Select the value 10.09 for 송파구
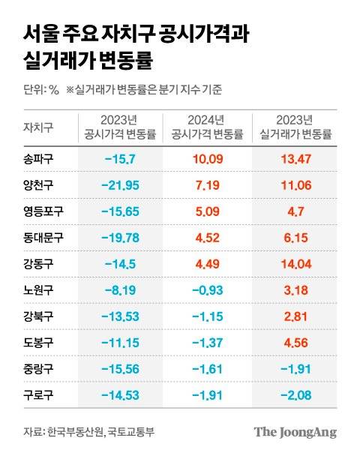click(x=206, y=159)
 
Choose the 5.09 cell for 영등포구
click(x=206, y=211)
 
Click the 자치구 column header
click(x=38, y=127)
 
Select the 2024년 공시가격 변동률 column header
click(x=206, y=127)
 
